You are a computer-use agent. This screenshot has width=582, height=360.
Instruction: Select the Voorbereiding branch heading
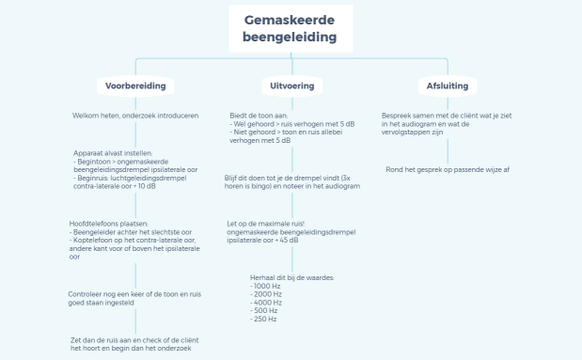pos(135,86)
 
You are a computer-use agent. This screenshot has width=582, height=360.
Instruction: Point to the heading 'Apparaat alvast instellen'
pos(118,152)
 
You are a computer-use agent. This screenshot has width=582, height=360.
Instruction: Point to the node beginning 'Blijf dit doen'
pos(291,182)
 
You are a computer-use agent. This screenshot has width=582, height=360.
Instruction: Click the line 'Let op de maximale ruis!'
pos(265,224)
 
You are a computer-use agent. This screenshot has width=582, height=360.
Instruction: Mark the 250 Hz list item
pos(264,319)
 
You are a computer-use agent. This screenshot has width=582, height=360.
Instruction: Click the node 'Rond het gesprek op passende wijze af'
pos(448,170)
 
